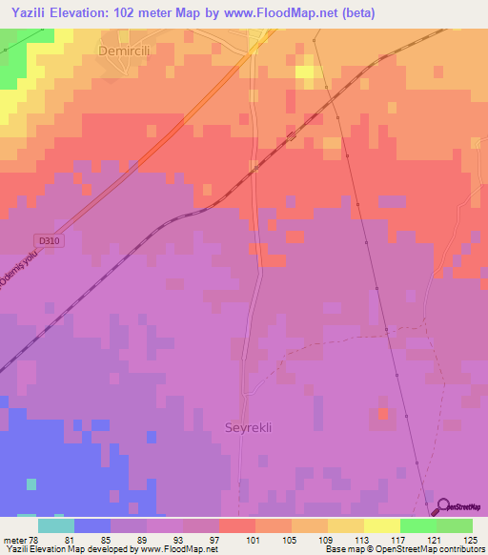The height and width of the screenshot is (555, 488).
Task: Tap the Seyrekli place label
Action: (x=248, y=427)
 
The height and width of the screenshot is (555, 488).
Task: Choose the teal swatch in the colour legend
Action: (x=55, y=525)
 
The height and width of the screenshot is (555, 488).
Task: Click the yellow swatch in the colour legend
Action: (x=381, y=525)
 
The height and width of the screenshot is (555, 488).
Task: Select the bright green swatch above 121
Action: (x=417, y=525)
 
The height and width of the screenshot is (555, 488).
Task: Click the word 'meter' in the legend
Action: (x=14, y=542)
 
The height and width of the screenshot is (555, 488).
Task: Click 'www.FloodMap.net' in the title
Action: (x=285, y=13)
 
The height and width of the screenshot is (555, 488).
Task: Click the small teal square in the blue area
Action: (x=31, y=483)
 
